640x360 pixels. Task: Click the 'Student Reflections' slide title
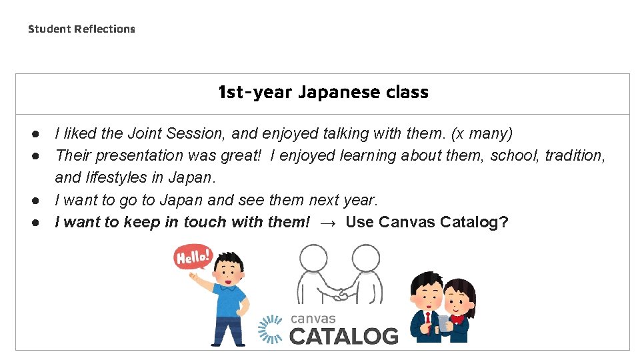click(81, 29)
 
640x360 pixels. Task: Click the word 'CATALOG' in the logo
click(344, 335)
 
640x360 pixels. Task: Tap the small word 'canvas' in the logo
click(313, 319)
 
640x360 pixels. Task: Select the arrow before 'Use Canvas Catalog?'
click(328, 222)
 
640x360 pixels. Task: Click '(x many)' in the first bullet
click(482, 133)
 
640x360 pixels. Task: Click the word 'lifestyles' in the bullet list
click(118, 177)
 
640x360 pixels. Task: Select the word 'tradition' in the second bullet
click(573, 155)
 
